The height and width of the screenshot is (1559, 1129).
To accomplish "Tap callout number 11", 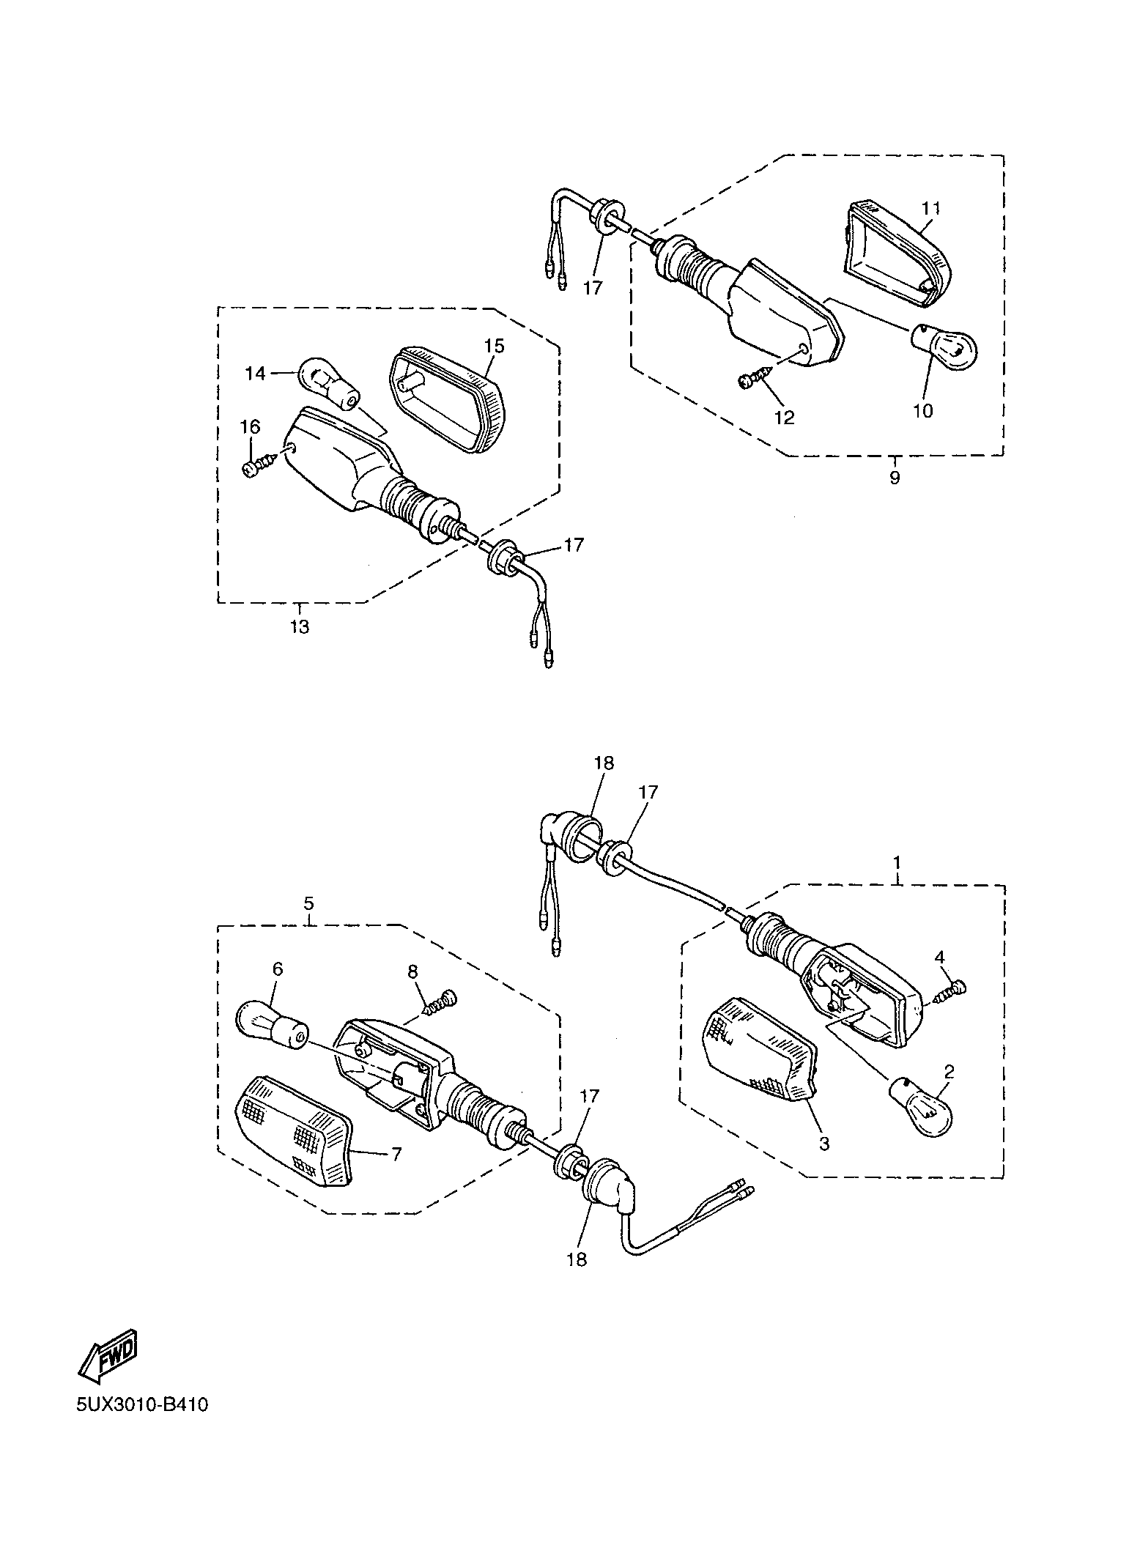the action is pyautogui.click(x=930, y=208).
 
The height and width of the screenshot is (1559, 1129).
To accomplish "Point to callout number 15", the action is pyautogui.click(x=494, y=346).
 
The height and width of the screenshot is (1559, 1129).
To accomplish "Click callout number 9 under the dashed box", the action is pyautogui.click(x=895, y=478).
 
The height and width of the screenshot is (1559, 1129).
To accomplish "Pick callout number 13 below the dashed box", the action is pyautogui.click(x=300, y=627).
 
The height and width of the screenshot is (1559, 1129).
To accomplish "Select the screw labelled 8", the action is pyautogui.click(x=440, y=1001).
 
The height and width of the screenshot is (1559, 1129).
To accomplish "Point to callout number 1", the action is pyautogui.click(x=897, y=861).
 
